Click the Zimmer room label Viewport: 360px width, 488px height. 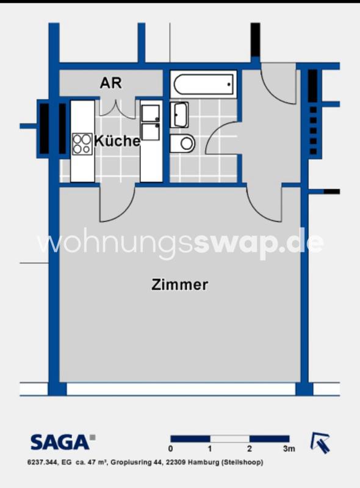pyautogui.click(x=180, y=284)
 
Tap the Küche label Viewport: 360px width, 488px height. pyautogui.click(x=117, y=141)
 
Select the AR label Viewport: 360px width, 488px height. pyautogui.click(x=110, y=83)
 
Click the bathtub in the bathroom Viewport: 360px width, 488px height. pyautogui.click(x=203, y=84)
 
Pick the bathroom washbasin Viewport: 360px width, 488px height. pyautogui.click(x=180, y=115)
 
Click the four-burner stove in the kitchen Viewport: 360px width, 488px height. pyautogui.click(x=82, y=144)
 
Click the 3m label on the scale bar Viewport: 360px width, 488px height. pyautogui.click(x=289, y=449)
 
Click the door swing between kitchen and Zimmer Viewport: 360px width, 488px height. pyautogui.click(x=117, y=204)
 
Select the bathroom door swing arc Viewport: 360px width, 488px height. pyautogui.click(x=221, y=139)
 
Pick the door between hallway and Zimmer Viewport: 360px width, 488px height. pyautogui.click(x=267, y=204)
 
